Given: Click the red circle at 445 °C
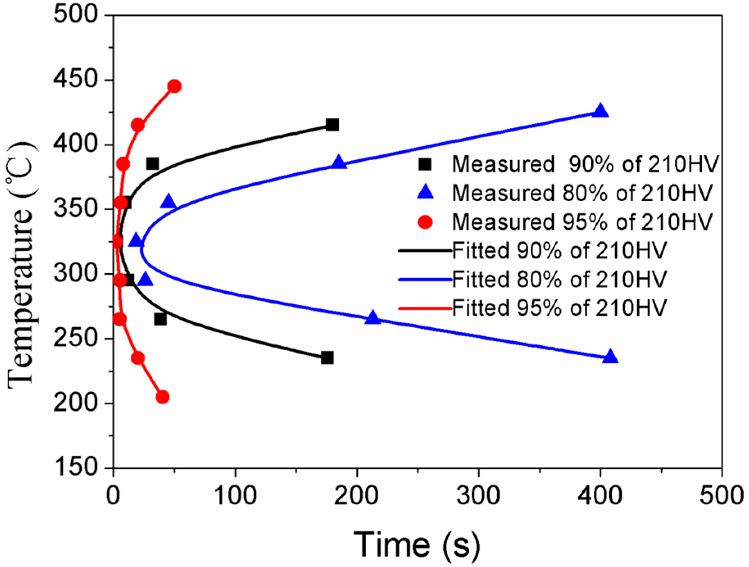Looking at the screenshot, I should [x=174, y=86].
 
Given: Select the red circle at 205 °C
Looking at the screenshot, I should [x=163, y=397].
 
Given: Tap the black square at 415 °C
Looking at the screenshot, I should [x=332, y=125].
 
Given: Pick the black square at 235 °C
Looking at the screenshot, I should [x=327, y=358].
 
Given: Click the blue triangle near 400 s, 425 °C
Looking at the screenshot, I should [x=600, y=111].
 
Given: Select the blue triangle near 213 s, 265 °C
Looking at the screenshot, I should [x=373, y=318].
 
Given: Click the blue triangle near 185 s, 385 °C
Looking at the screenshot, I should [x=339, y=163].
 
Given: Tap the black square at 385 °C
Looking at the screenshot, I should [x=152, y=164].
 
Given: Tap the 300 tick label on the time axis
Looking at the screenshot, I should [x=478, y=495].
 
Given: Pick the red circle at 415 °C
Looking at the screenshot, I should [x=138, y=125].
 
